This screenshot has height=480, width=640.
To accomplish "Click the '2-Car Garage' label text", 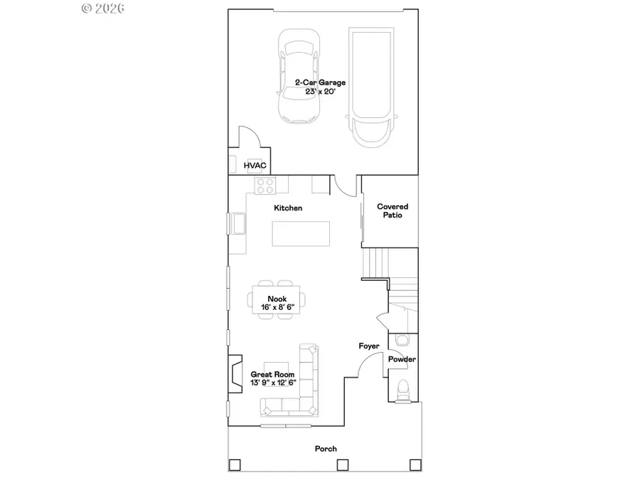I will pyautogui.click(x=320, y=82).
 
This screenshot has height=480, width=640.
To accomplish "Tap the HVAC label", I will pyautogui.click(x=255, y=166).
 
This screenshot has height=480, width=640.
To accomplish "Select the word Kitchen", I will pyautogui.click(x=288, y=208).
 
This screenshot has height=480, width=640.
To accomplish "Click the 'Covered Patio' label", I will pyautogui.click(x=393, y=210).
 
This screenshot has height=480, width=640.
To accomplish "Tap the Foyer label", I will pyautogui.click(x=368, y=346).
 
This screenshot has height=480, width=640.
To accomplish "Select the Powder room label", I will pyautogui.click(x=402, y=359).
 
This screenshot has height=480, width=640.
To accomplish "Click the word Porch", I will pyautogui.click(x=326, y=449).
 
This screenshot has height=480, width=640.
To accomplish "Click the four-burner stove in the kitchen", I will pyautogui.click(x=265, y=186).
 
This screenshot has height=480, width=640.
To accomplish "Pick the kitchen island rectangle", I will pyautogui.click(x=302, y=233).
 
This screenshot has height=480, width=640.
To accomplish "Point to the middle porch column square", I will pyautogui.click(x=341, y=465).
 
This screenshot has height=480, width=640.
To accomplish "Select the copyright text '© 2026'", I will pyautogui.click(x=103, y=8).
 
